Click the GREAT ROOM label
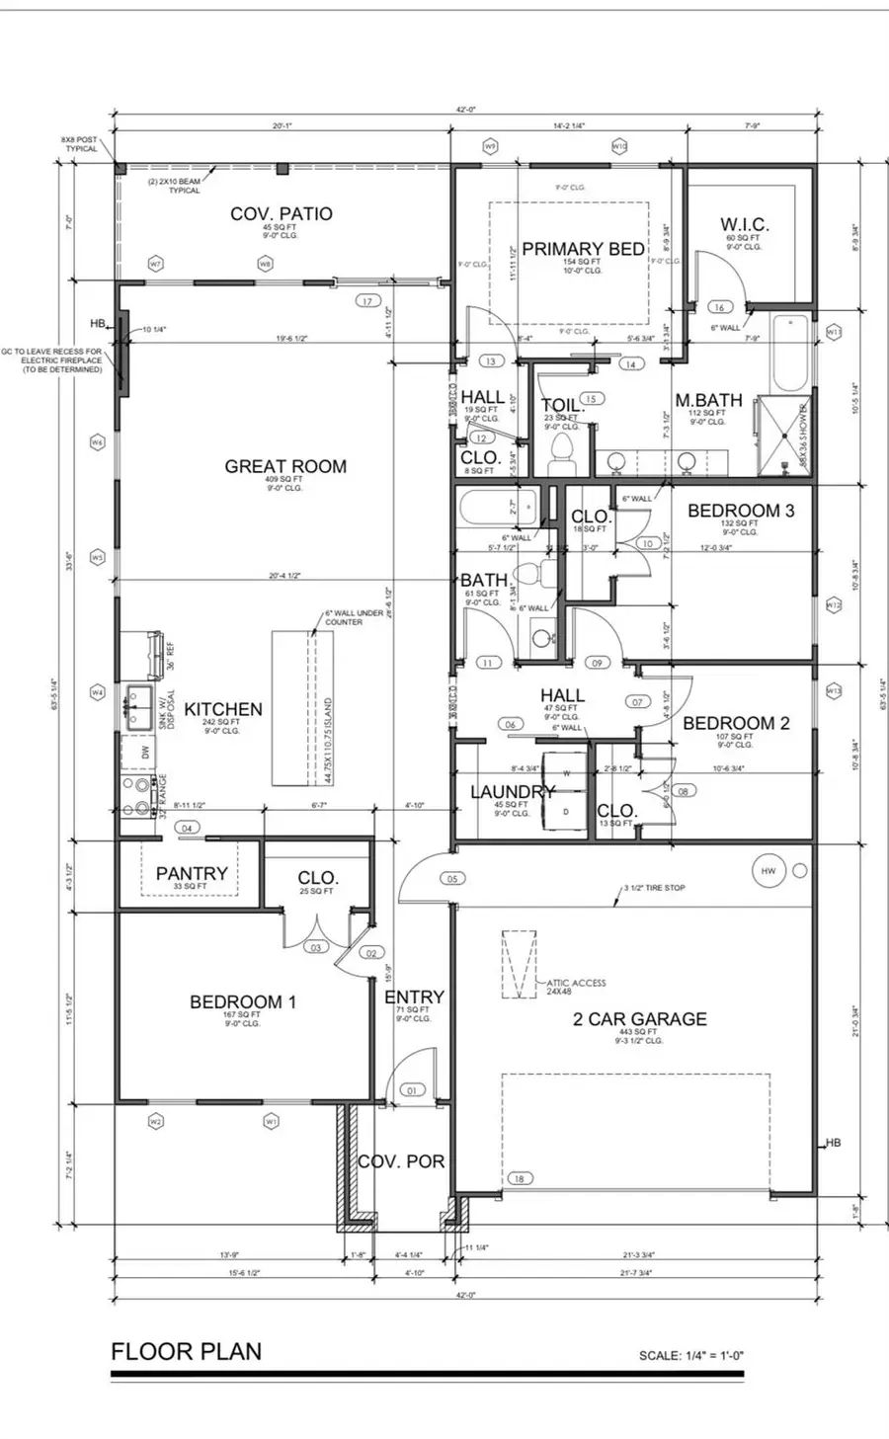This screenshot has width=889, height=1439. [x=285, y=466]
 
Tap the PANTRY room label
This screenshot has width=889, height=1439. [x=192, y=873]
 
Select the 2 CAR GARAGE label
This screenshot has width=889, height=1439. [x=640, y=1018]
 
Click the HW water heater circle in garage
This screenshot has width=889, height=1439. [x=768, y=871]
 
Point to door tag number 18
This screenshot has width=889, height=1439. [x=520, y=1178]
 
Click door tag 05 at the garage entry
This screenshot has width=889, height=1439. [x=453, y=878]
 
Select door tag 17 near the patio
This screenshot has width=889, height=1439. [x=367, y=301]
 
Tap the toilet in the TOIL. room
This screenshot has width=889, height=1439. [x=560, y=456]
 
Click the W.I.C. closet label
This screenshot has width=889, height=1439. [x=744, y=225]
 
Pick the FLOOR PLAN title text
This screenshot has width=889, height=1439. [x=187, y=1351]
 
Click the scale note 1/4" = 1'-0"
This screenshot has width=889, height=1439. [x=690, y=1356]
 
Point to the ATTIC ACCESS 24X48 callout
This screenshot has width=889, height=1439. [x=576, y=987]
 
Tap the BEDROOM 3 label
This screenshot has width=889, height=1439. [x=741, y=511]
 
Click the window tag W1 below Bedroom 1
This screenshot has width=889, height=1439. [x=272, y=1121]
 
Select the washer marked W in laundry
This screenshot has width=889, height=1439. [x=567, y=772]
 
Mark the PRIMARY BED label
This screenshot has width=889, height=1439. [x=583, y=249]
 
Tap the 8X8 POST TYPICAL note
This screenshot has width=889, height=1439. [x=81, y=144]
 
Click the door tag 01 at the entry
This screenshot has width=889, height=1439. [x=412, y=1091]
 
